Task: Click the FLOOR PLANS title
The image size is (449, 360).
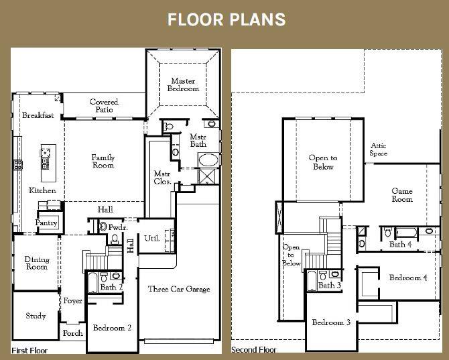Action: tap(226, 19)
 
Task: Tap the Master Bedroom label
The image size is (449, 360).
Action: tap(183, 84)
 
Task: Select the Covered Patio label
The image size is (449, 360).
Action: tap(104, 106)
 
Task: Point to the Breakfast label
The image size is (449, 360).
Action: tap(38, 115)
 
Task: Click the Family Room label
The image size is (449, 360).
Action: tap(103, 161)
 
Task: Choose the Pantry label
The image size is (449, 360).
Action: tap(47, 223)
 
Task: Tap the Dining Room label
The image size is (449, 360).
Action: tap(37, 263)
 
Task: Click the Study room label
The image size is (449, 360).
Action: tap(36, 316)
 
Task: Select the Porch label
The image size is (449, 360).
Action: tap(72, 333)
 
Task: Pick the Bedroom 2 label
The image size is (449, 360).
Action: tap(112, 328)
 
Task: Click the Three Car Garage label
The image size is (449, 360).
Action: tap(179, 289)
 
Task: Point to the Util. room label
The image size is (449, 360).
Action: tap(151, 239)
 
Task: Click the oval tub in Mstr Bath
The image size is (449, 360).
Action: tap(207, 161)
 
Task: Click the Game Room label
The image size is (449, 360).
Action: tap(402, 195)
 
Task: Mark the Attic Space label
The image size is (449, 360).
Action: tap(379, 149)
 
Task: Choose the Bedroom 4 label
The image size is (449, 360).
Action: tap(408, 278)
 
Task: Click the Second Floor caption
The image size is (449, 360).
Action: tap(254, 349)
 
